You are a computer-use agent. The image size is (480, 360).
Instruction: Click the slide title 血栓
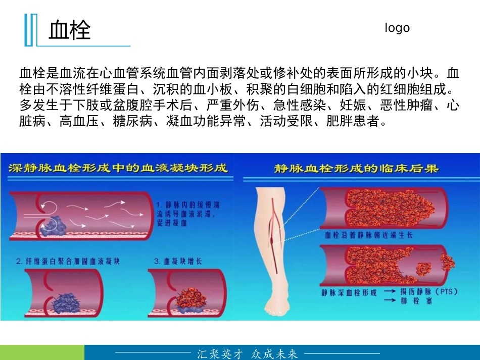click(70, 30)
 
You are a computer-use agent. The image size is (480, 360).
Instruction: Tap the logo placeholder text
click(397, 28)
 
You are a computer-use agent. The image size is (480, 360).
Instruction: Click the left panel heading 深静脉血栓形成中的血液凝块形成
click(118, 168)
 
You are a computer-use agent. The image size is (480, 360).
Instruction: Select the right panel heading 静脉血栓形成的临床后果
click(356, 168)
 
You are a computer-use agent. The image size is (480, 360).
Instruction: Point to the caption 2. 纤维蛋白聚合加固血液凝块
click(68, 261)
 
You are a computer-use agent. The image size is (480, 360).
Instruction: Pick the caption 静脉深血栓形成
click(349, 292)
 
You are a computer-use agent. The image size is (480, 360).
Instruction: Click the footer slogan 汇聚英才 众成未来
click(248, 353)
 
